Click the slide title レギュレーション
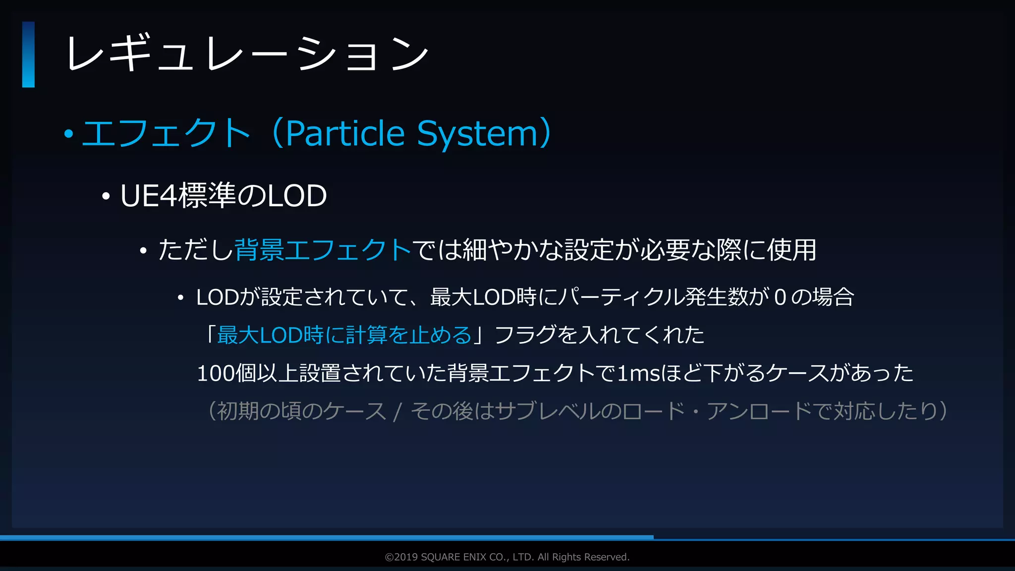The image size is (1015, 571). (247, 54)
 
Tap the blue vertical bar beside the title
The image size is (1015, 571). (28, 55)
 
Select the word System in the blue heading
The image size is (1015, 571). (477, 133)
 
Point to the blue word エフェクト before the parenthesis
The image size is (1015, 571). (166, 133)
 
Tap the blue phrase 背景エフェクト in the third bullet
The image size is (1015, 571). (323, 249)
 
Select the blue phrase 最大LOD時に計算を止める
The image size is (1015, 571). (344, 335)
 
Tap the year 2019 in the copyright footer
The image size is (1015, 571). (406, 557)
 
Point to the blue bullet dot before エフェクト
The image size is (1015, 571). (69, 134)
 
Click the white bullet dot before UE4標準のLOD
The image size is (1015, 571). (106, 197)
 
